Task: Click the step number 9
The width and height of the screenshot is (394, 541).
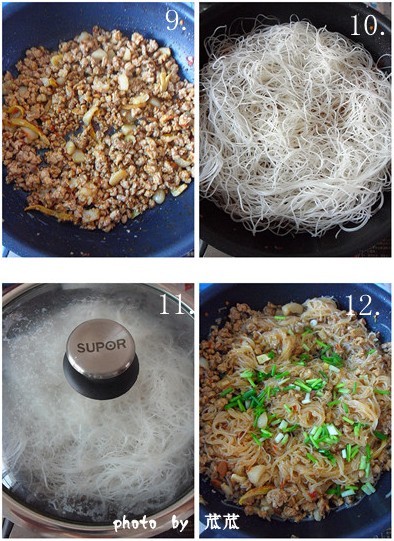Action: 176,20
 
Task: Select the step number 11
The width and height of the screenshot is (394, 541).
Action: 176,304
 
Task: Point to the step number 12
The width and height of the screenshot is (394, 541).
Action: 363,306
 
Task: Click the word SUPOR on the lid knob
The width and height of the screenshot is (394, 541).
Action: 101,345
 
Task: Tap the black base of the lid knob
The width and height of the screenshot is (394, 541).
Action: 101,383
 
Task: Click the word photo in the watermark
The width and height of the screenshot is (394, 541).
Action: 135,524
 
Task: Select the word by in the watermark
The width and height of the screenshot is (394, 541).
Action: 179,524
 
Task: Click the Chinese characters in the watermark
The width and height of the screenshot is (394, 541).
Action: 222,522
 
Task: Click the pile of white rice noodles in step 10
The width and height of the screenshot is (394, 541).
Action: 295,128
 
